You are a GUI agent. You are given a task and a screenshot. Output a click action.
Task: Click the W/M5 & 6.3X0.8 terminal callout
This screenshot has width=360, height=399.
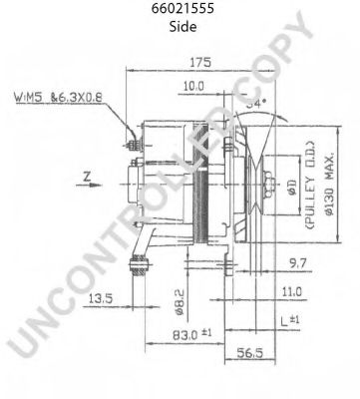pos(59,99)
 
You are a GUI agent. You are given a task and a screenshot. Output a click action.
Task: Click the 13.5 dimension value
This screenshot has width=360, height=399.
pos(99,297)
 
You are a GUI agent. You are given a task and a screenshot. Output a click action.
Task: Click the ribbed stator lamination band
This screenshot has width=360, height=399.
pos(201,199)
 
